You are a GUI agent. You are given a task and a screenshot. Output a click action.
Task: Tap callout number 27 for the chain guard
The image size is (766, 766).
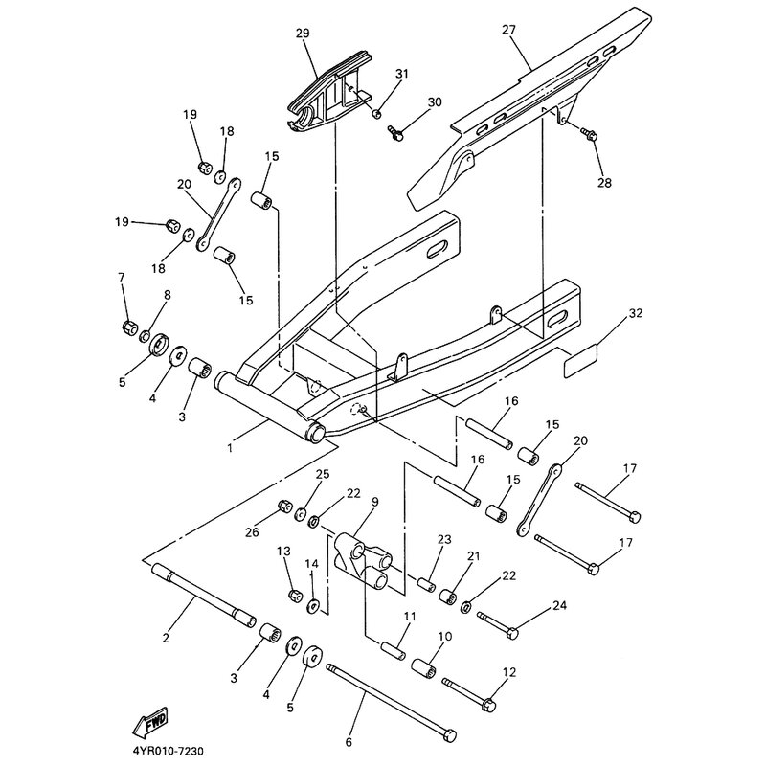507,31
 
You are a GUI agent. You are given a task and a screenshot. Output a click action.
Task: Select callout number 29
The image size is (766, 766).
303,34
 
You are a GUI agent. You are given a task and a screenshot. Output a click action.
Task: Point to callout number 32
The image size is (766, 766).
636,314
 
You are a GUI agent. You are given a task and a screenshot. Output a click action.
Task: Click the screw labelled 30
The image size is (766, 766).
393,132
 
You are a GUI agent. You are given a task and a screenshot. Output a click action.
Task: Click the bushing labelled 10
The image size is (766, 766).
424,666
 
